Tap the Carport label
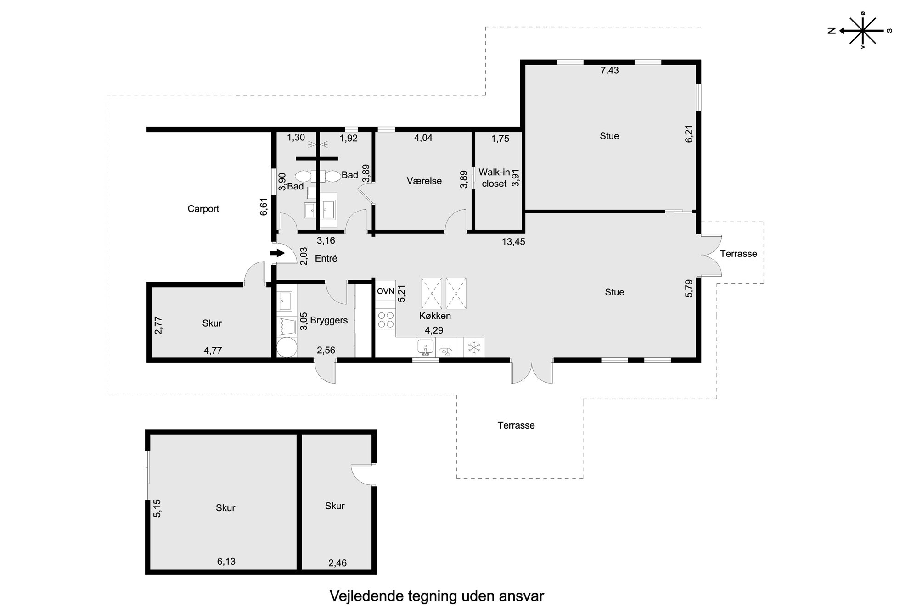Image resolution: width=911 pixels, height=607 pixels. (x=203, y=209)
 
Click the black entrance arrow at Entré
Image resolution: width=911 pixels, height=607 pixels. (x=277, y=253)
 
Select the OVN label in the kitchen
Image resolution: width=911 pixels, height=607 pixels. (x=386, y=291)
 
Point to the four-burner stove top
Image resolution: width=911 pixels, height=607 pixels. (x=385, y=320)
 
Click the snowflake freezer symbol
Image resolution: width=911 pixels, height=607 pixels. (x=473, y=347)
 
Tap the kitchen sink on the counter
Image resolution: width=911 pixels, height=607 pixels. (x=426, y=347)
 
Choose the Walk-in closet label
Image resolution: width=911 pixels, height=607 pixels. (x=494, y=178)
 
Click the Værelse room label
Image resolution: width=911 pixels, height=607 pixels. (x=424, y=181)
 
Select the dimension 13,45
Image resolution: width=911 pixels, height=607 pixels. (x=513, y=242)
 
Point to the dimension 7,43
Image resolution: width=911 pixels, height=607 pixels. (x=610, y=70)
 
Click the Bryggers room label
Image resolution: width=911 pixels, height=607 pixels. (x=329, y=320)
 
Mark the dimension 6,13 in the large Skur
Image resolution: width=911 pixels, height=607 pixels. (x=226, y=561)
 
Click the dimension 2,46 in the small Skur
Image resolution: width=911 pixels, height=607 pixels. (x=337, y=563)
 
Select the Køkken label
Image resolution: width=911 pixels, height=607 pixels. (x=435, y=316)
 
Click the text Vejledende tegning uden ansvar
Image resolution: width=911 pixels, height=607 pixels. (x=437, y=596)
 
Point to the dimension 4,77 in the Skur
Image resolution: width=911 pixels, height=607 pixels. (x=213, y=351)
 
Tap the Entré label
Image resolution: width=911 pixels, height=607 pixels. (x=326, y=258)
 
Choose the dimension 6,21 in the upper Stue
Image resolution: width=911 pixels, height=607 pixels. (x=689, y=134)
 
